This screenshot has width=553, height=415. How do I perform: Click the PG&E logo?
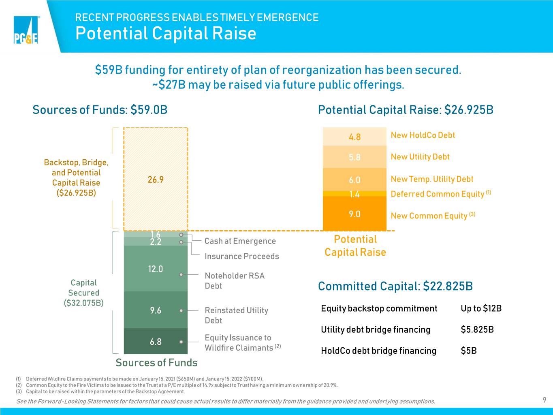pos(26,30)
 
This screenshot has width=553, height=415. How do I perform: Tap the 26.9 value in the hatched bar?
pos(156,180)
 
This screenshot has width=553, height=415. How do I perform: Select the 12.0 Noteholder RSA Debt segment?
pos(156,268)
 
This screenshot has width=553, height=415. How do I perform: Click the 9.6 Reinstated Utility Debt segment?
pos(156,310)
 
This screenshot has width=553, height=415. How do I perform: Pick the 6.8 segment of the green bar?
pos(156,341)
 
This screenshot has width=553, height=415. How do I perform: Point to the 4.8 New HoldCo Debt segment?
pos(354,137)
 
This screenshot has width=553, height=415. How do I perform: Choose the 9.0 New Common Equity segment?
pos(354,214)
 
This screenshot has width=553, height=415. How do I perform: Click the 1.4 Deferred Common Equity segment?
pos(354,194)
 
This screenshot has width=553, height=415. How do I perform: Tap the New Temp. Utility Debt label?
pos(432,179)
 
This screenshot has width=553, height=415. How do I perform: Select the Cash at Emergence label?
pos(240,241)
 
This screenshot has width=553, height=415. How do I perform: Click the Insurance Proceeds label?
pos(242,256)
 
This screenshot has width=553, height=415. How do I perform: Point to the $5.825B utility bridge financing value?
pos(477,329)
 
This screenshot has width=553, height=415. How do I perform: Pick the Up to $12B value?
pos(481,308)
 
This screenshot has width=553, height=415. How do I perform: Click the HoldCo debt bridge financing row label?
pos(378,351)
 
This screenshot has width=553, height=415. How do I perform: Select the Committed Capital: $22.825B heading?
pos(395,286)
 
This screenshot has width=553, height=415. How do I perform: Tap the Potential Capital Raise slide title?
pos(166,33)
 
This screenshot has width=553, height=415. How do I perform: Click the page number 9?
pos(544,400)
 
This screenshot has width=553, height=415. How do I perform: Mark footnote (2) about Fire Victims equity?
pos(177,385)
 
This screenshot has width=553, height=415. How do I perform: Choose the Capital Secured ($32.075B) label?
pos(83,293)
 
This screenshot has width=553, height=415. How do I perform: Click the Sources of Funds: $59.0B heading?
pos(100,109)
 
